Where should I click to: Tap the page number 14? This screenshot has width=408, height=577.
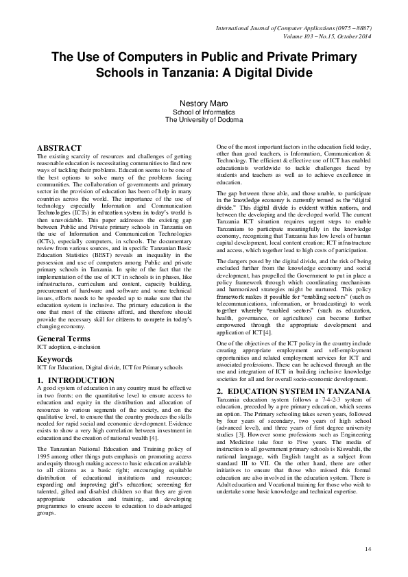368,549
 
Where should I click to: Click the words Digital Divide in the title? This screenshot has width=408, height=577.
273,73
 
